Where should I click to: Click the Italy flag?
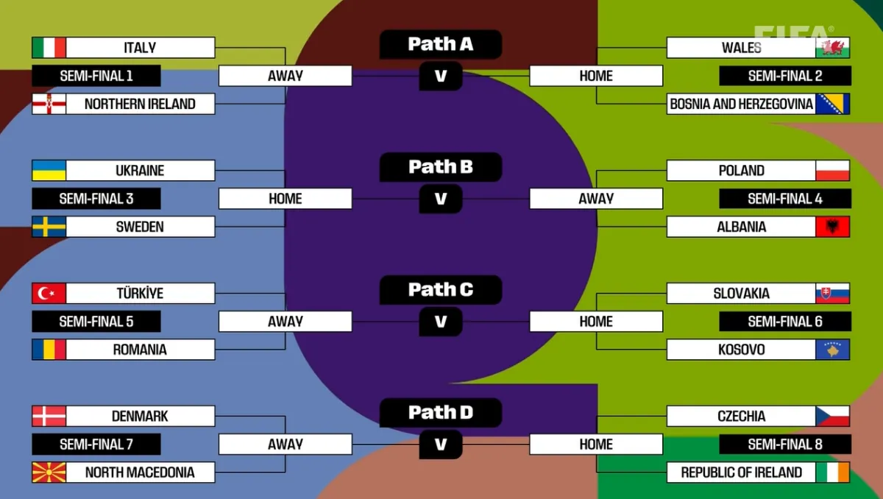pyautogui.click(x=49, y=48)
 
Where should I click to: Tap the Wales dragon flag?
pyautogui.click(x=832, y=48)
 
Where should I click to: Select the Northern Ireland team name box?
pyautogui.click(x=140, y=104)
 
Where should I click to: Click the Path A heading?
pyautogui.click(x=441, y=45)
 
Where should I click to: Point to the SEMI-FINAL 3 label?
pyautogui.click(x=96, y=199)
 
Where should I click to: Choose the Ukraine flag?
pyautogui.click(x=49, y=171)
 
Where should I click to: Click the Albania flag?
pyautogui.click(x=832, y=227)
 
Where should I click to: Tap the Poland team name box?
pyautogui.click(x=741, y=171)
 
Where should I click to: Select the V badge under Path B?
pyautogui.click(x=441, y=199)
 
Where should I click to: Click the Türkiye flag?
pyautogui.click(x=49, y=294)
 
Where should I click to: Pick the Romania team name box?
pyautogui.click(x=140, y=350)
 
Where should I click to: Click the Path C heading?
pyautogui.click(x=441, y=290)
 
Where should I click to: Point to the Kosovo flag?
pyautogui.click(x=832, y=350)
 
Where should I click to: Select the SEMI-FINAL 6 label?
pyautogui.click(x=785, y=322)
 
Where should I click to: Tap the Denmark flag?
pyautogui.click(x=49, y=417)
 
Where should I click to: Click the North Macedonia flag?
pyautogui.click(x=49, y=473)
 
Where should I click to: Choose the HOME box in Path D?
pyautogui.click(x=596, y=445)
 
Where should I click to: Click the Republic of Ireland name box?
pyautogui.click(x=741, y=473)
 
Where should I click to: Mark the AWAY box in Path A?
pyautogui.click(x=286, y=76)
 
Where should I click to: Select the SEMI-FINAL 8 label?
pyautogui.click(x=785, y=445)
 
